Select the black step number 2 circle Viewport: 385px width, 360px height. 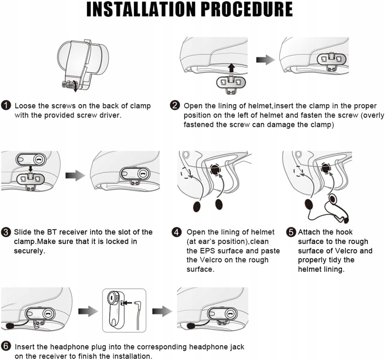coord(175,106)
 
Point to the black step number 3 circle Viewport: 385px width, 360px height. coord(7,232)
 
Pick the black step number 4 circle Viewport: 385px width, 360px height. coord(177,232)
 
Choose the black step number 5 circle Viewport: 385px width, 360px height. coord(291,232)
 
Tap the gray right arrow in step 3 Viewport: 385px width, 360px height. coord(75,176)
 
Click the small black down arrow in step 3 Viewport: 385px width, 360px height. coord(30,168)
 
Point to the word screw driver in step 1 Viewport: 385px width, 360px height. coord(102,115)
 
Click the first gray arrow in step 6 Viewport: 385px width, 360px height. coord(88,311)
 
